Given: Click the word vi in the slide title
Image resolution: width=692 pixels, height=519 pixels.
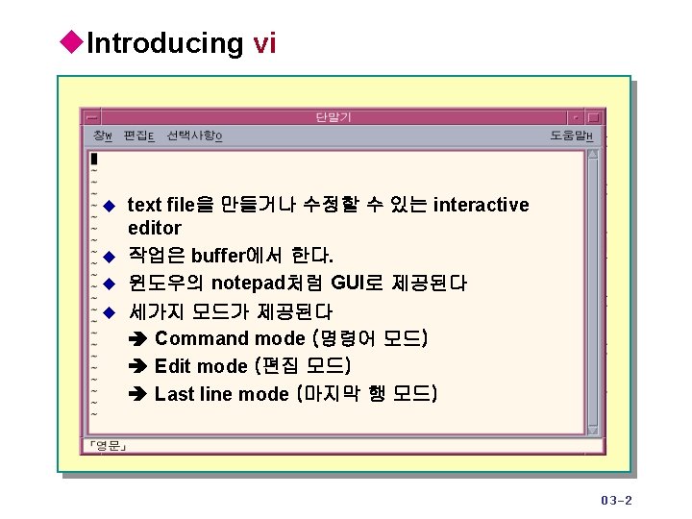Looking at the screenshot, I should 264,43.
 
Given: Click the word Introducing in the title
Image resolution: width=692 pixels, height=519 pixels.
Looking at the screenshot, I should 164,43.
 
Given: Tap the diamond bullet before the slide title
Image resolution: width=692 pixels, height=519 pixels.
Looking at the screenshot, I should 72,42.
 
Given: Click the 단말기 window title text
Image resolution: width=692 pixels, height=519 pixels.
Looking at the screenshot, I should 334,117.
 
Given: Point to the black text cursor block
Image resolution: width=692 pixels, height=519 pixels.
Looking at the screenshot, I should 93,159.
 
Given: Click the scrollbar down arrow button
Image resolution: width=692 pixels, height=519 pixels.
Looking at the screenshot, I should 593,429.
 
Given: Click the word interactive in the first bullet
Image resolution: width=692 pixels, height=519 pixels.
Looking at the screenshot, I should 481,205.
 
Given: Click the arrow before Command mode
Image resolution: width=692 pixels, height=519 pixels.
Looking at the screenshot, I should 137,339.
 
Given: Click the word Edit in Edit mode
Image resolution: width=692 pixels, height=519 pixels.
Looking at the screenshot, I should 173,366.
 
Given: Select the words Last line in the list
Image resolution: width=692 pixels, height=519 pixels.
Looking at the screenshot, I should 193,394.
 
